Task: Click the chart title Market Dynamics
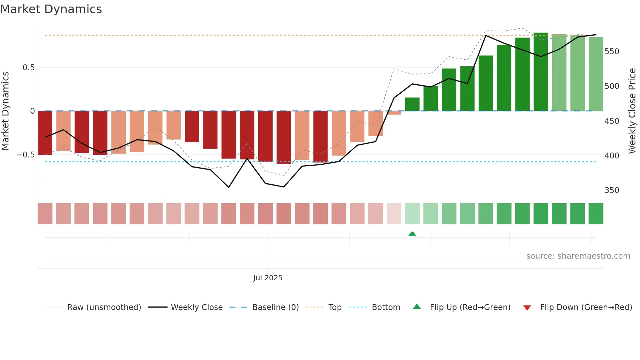[51, 9]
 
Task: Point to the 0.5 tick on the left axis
[28, 68]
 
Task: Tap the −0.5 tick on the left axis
[26, 155]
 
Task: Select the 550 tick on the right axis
[612, 52]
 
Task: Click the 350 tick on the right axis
[612, 190]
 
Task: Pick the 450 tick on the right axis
[612, 121]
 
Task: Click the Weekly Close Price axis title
[632, 111]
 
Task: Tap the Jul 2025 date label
[268, 278]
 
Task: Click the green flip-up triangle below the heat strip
[412, 234]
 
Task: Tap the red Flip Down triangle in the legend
[527, 308]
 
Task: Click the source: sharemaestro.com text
[578, 256]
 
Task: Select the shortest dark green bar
[412, 104]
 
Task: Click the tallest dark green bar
[541, 72]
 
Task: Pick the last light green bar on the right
[596, 74]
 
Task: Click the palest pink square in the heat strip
[394, 214]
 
